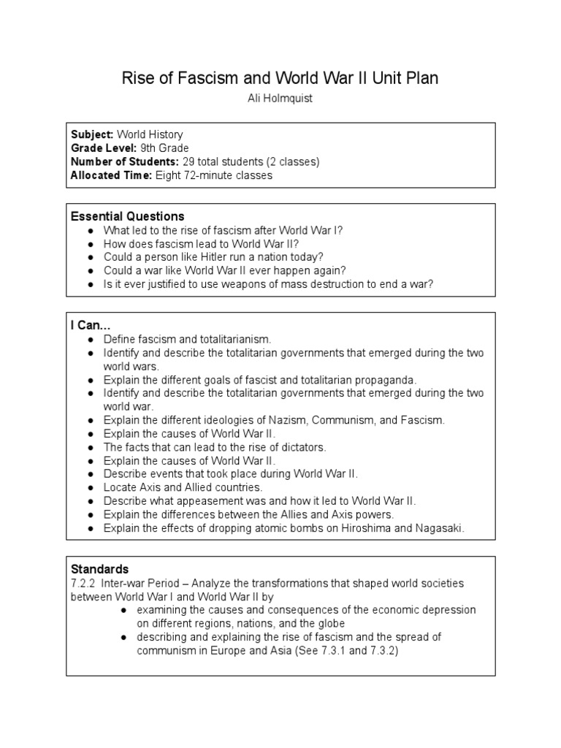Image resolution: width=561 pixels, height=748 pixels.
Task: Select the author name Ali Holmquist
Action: click(280, 99)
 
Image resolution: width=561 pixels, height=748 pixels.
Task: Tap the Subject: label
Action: click(92, 134)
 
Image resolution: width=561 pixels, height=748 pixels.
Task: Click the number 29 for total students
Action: click(189, 161)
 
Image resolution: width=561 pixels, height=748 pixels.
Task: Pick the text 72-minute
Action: click(215, 175)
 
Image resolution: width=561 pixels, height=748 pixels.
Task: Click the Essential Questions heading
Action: click(127, 216)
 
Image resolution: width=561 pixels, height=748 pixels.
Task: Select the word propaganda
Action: click(383, 380)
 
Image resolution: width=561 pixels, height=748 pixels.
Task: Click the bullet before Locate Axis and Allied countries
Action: click(89, 487)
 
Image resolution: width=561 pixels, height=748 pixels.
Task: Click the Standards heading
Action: click(99, 569)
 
